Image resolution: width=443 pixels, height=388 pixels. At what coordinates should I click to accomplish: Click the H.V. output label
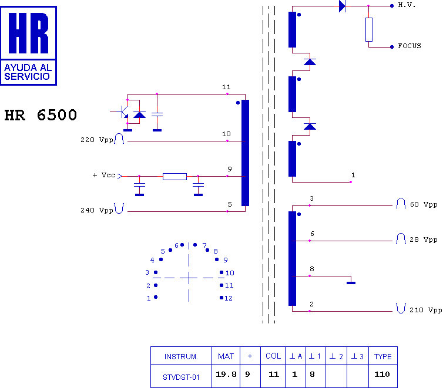click(x=407, y=5)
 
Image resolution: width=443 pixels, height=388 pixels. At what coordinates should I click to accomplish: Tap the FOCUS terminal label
click(x=410, y=46)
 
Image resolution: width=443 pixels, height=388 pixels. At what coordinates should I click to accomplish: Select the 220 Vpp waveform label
click(x=97, y=140)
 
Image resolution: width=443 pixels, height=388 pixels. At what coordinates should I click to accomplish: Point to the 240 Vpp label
click(x=97, y=210)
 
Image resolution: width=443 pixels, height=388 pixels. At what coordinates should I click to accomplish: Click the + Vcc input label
click(x=104, y=176)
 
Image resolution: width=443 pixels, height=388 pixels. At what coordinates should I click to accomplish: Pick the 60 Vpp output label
click(x=424, y=204)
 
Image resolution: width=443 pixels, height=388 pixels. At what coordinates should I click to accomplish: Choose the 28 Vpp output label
click(x=424, y=239)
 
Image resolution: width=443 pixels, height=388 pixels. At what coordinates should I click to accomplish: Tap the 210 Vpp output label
click(x=426, y=310)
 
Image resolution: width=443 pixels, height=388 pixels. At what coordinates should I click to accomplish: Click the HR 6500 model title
click(x=41, y=115)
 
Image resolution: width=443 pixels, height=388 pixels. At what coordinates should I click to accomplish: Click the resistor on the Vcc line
click(x=174, y=177)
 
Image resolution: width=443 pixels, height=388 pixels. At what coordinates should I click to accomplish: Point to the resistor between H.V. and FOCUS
click(x=369, y=29)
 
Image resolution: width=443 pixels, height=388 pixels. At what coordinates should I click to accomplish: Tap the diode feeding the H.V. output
click(x=342, y=6)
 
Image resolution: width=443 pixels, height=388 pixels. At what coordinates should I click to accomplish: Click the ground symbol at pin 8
click(x=351, y=283)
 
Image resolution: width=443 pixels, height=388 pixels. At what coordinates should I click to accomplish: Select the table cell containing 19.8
click(x=226, y=376)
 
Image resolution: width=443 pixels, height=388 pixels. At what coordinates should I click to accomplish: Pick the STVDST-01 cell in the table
click(x=181, y=376)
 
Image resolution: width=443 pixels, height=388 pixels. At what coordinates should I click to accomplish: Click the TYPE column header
click(x=383, y=356)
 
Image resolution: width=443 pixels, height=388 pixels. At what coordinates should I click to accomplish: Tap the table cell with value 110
click(x=383, y=376)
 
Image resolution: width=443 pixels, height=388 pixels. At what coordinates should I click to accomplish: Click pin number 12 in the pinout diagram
click(x=229, y=298)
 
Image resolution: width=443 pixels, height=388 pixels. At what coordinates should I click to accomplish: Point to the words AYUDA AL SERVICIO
click(x=28, y=72)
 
